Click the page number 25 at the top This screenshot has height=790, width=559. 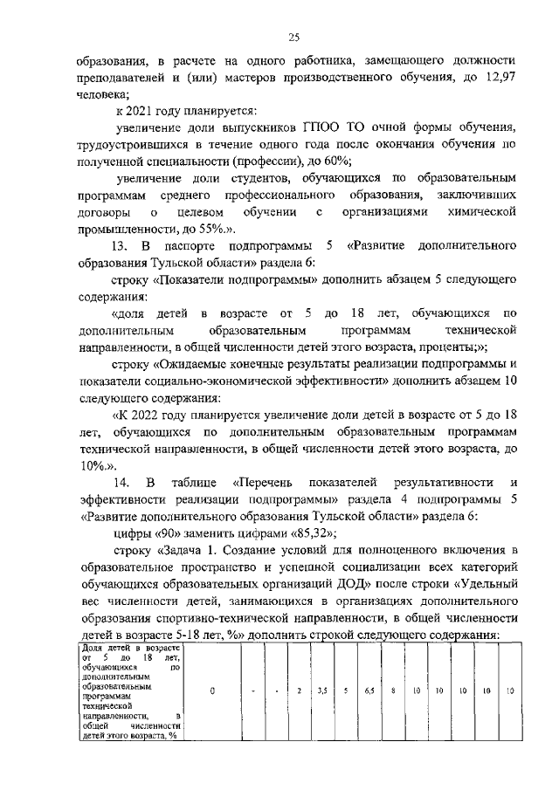294,36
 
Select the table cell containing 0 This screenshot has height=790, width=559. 212,691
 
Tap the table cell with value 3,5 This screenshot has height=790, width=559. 322,691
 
